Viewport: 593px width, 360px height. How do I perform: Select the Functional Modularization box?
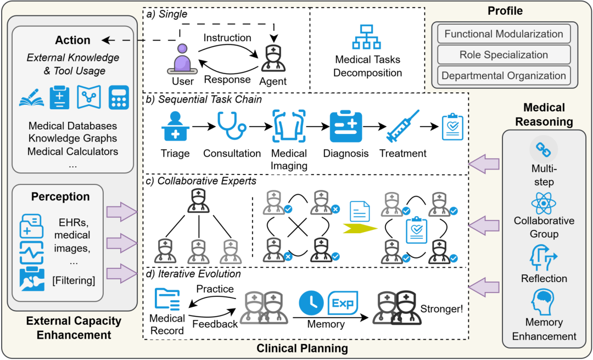pos(504,34)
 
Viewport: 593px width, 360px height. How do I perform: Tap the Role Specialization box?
pos(504,55)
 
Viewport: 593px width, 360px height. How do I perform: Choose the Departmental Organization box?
pos(504,76)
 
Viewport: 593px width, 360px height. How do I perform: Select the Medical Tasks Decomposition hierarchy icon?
pos(368,38)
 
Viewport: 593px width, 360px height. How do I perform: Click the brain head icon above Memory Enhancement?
pos(544,301)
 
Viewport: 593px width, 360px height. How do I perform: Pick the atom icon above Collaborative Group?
pos(544,203)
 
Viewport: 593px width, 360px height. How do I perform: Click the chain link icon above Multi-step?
pos(544,148)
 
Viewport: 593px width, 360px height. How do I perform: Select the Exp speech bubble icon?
pos(341,302)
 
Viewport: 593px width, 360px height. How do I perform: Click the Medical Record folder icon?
pos(167,300)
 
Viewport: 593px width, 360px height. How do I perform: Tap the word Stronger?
pos(441,308)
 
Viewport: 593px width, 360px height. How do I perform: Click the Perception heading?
pos(60,196)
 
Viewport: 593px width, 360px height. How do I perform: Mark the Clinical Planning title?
pos(302,348)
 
